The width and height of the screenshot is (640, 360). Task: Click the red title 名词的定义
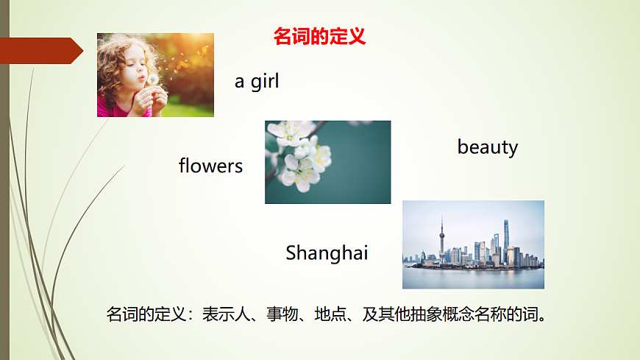[319, 36]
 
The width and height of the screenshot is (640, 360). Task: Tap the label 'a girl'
[257, 81]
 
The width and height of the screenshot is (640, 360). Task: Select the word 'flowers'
[210, 166]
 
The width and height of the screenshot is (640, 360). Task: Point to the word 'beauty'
[488, 147]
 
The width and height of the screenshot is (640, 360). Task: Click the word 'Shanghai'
[327, 253]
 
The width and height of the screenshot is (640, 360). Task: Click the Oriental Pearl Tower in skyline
[442, 239]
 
